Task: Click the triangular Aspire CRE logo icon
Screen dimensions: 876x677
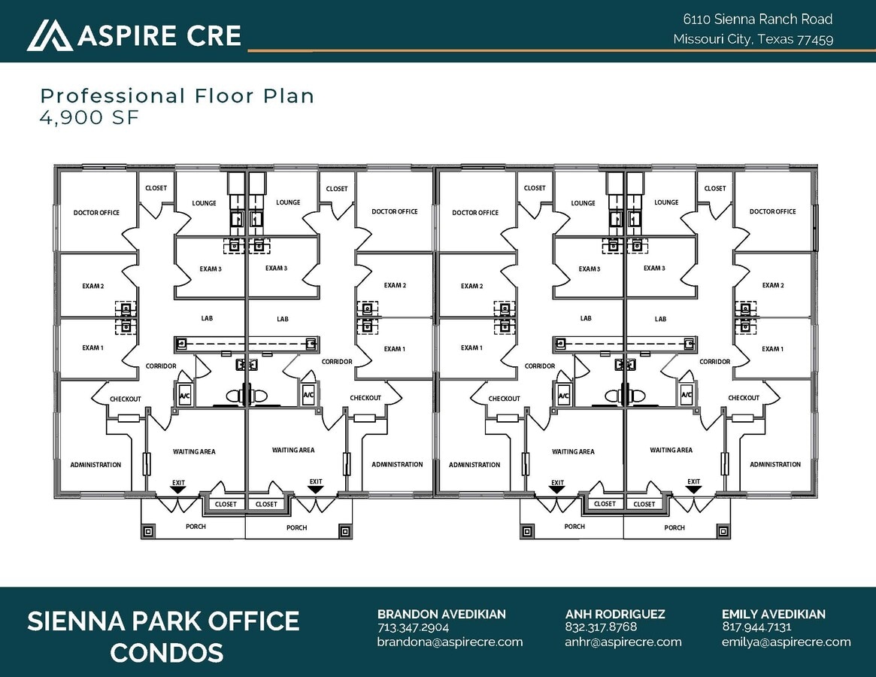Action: pyautogui.click(x=50, y=35)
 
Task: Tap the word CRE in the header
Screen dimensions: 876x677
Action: pyautogui.click(x=214, y=35)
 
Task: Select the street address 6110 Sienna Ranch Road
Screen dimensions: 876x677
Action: pyautogui.click(x=757, y=19)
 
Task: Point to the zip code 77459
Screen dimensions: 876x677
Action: pyautogui.click(x=815, y=40)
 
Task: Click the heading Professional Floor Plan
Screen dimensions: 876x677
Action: pyautogui.click(x=177, y=96)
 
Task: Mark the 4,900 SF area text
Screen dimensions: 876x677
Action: pyautogui.click(x=89, y=117)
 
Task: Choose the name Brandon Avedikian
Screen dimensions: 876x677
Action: pyautogui.click(x=441, y=614)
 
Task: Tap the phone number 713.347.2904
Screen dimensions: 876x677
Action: pyautogui.click(x=413, y=627)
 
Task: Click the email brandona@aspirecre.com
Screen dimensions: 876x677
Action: pyautogui.click(x=450, y=642)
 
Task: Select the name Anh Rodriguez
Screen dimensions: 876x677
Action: pyautogui.click(x=615, y=614)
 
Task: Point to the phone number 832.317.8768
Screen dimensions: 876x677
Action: pyautogui.click(x=601, y=627)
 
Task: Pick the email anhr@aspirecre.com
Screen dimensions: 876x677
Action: pyautogui.click(x=623, y=642)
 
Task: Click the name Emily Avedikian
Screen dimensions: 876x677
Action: pyautogui.click(x=773, y=614)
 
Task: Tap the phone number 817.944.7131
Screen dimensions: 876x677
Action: pyautogui.click(x=756, y=627)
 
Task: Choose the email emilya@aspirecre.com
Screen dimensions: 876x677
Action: pyautogui.click(x=786, y=642)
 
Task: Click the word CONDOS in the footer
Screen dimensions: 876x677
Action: pyautogui.click(x=166, y=653)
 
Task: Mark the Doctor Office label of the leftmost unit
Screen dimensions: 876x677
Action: pyautogui.click(x=96, y=212)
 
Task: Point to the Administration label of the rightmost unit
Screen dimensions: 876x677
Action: pyautogui.click(x=775, y=465)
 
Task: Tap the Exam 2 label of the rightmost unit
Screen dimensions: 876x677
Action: pyautogui.click(x=773, y=285)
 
